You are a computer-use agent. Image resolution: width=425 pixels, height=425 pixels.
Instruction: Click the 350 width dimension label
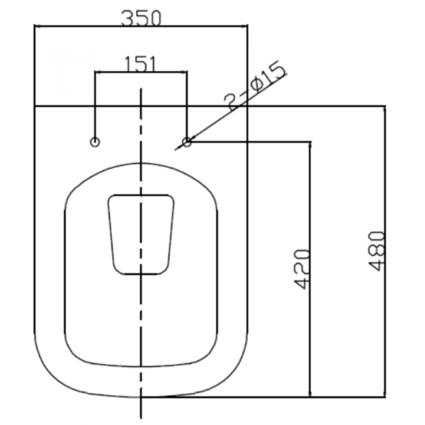tap(141, 18)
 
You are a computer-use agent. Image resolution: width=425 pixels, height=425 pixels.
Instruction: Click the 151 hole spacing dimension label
tap(140, 64)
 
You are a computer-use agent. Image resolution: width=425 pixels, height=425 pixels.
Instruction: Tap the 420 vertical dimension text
tap(302, 269)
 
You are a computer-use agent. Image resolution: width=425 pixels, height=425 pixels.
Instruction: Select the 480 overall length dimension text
tap(377, 251)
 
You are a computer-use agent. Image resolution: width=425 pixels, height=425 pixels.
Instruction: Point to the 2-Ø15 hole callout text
tap(255, 86)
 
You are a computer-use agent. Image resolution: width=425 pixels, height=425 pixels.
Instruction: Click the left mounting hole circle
tap(95, 142)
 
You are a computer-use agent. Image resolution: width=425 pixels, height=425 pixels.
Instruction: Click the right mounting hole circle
tap(187, 142)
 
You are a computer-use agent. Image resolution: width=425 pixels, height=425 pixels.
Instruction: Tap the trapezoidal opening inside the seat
tap(141, 234)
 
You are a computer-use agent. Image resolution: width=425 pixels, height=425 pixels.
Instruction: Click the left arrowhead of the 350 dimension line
tap(38, 26)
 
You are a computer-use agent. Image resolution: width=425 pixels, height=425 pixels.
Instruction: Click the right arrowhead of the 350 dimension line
tap(244, 26)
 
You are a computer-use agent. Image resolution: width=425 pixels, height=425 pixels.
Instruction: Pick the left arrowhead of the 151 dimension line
tap(98, 72)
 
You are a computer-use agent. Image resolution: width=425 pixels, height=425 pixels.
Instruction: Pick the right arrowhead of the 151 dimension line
tap(184, 72)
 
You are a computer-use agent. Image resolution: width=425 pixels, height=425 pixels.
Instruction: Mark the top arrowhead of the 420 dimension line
tap(310, 145)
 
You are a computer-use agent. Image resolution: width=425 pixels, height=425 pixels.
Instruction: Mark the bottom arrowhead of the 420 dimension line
tap(310, 394)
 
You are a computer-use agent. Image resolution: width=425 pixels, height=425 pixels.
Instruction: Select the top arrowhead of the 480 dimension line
tap(385, 109)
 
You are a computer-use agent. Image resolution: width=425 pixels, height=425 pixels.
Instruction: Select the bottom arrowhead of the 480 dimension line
tap(385, 394)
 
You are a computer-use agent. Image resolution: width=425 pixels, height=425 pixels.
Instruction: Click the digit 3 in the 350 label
tap(127, 18)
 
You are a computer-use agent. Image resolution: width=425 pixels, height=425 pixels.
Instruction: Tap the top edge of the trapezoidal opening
tap(141, 195)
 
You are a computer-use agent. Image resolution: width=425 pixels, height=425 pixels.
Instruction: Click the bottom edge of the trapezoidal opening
tap(141, 274)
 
